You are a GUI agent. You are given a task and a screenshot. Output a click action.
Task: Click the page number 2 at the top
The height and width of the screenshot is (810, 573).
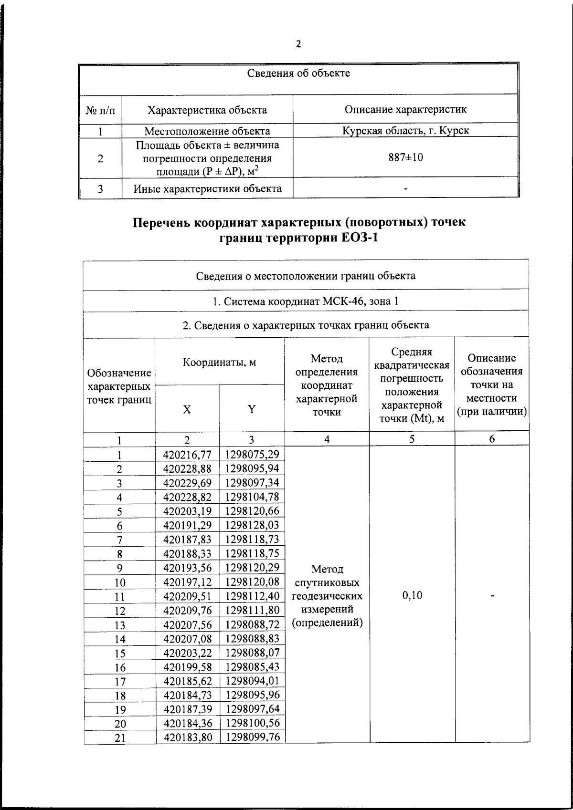(x=298, y=44)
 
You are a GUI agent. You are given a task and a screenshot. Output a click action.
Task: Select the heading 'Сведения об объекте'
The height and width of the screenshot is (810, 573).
(x=298, y=73)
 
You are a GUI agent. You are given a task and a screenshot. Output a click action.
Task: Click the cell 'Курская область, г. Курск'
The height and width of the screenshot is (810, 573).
(x=405, y=130)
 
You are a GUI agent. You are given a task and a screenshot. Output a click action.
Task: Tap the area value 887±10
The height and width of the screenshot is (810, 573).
(x=405, y=157)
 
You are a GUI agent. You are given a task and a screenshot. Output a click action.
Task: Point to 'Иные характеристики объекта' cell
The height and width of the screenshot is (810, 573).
(x=207, y=188)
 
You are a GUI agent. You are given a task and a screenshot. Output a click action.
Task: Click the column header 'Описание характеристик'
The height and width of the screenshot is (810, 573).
(x=405, y=109)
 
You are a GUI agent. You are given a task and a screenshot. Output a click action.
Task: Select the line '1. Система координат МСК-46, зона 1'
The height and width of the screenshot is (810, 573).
(x=305, y=301)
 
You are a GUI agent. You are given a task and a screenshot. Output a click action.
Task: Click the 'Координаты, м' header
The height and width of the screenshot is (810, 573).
(x=220, y=362)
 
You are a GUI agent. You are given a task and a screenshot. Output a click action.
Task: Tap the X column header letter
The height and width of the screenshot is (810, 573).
(x=187, y=409)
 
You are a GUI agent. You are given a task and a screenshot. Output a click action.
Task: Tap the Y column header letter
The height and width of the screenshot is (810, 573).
(x=252, y=409)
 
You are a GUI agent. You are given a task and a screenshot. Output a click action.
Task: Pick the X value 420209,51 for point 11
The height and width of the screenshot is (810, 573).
(x=187, y=596)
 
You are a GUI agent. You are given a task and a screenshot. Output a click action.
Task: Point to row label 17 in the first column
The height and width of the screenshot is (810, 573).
(x=120, y=682)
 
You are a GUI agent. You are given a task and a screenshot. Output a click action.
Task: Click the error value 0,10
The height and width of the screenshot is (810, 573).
(x=412, y=595)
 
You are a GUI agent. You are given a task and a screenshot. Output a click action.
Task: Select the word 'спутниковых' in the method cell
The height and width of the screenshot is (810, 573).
(x=327, y=582)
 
